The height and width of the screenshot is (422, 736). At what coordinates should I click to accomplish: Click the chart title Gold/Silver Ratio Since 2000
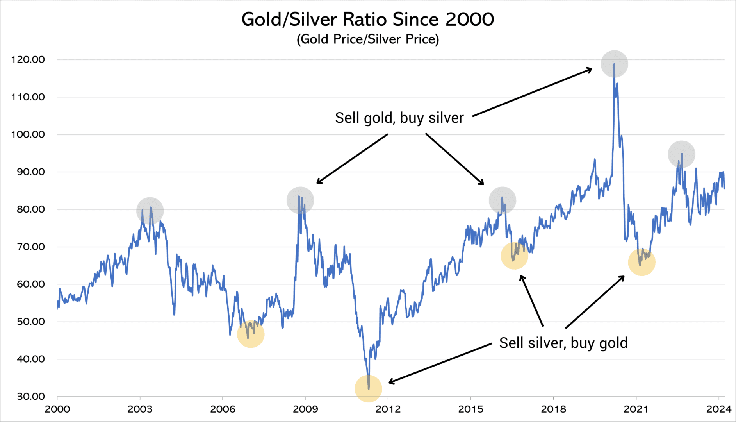coord(367,20)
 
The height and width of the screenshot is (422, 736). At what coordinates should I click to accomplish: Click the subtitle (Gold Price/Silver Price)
coord(367,39)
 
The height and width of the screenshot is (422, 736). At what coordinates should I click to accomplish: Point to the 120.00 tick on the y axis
coord(28,60)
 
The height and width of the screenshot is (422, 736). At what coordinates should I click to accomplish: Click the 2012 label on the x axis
coord(388,409)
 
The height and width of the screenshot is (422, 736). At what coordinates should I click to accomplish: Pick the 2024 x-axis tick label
coord(718,409)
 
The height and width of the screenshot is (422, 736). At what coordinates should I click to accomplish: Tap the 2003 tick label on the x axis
coord(140,409)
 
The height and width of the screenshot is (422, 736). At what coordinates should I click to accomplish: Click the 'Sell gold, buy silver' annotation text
coord(399,118)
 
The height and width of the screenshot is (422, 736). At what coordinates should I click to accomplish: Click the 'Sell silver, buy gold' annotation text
coord(563,343)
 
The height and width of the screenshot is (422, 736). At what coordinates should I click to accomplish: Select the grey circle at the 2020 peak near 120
coord(614,64)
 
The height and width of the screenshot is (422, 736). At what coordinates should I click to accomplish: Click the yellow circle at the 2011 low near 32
coord(368,388)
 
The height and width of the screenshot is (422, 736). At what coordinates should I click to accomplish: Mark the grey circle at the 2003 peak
coord(150,211)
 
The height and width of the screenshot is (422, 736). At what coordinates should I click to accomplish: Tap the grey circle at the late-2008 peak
coord(300,200)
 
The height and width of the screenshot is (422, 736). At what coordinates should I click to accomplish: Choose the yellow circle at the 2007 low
coord(251,334)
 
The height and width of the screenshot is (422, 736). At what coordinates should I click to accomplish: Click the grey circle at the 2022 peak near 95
coord(681,154)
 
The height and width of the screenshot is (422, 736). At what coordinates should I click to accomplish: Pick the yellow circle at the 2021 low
coord(642,262)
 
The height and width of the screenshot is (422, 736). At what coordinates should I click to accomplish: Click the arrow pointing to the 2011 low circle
coord(440,363)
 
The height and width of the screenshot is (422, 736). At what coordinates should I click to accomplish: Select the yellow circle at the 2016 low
coord(514,256)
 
